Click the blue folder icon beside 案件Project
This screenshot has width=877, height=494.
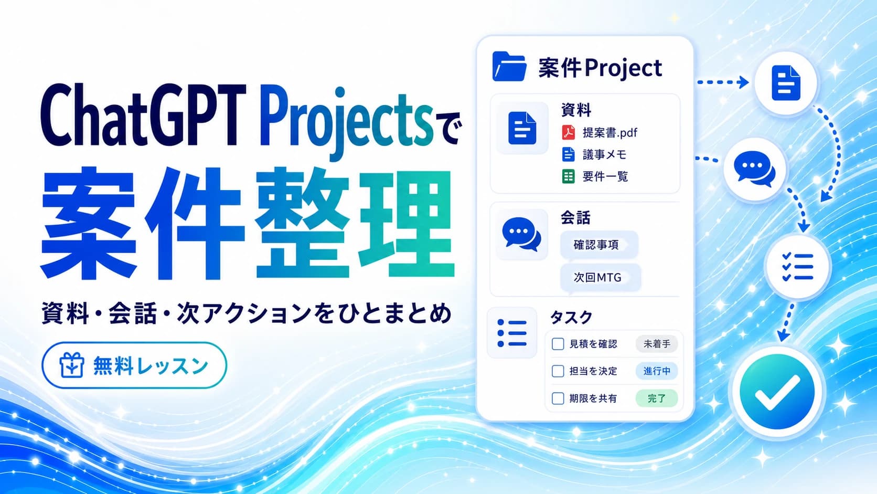509,67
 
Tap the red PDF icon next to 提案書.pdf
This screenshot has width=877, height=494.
568,132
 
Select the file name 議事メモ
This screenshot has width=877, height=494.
604,155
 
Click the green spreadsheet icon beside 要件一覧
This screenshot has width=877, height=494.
568,176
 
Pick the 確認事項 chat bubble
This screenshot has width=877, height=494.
599,245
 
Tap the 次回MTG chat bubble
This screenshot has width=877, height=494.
600,278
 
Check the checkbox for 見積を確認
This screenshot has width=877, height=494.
558,344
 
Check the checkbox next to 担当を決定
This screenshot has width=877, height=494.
558,371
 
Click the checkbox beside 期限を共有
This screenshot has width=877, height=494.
558,398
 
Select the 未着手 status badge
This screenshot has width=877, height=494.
657,344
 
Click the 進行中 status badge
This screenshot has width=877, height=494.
657,371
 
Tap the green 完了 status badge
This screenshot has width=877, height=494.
657,398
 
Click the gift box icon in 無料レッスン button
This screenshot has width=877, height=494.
72,365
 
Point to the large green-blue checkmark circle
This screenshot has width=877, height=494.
777,392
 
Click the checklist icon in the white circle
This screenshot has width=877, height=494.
797,267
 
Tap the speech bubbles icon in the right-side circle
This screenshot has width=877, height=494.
754,169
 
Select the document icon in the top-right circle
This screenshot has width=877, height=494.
786,83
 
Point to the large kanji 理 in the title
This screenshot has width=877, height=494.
406,223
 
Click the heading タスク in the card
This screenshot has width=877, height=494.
571,317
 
